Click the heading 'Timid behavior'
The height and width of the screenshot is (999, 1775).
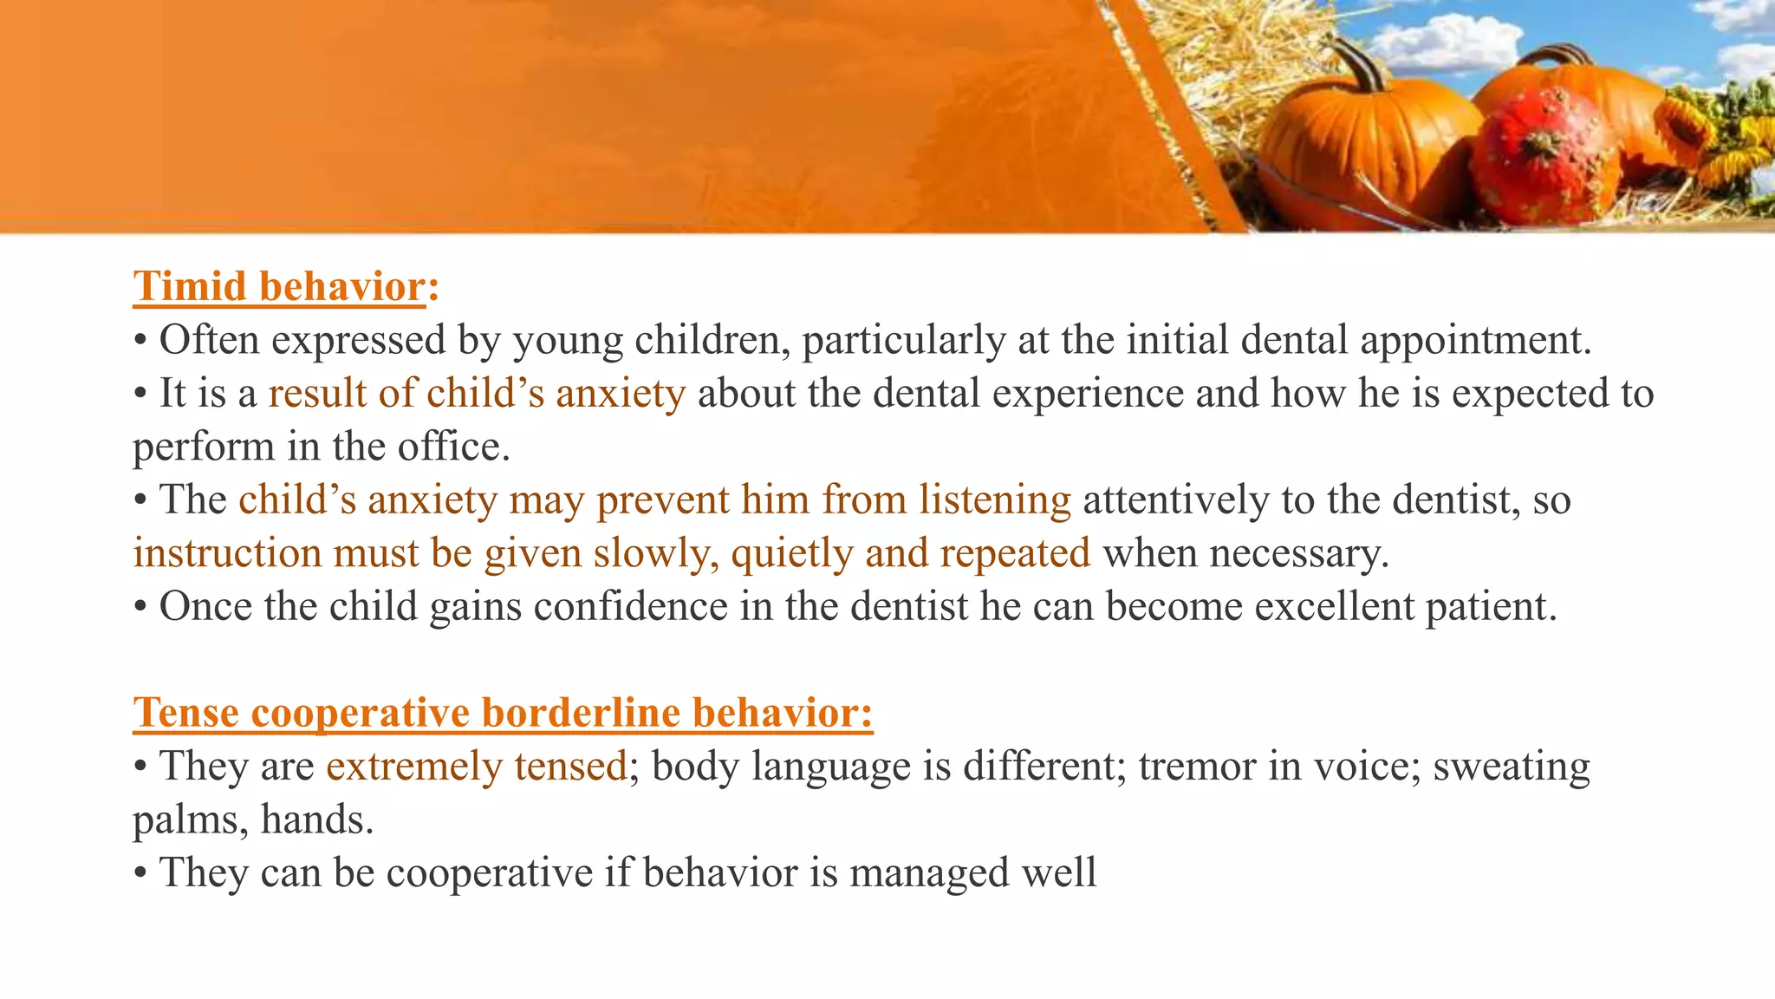point(279,287)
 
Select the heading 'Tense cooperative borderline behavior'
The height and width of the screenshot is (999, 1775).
point(503,713)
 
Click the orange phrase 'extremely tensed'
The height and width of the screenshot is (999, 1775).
point(476,767)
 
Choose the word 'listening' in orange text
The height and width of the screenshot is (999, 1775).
point(994,500)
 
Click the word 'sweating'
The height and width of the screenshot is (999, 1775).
point(1511,767)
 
